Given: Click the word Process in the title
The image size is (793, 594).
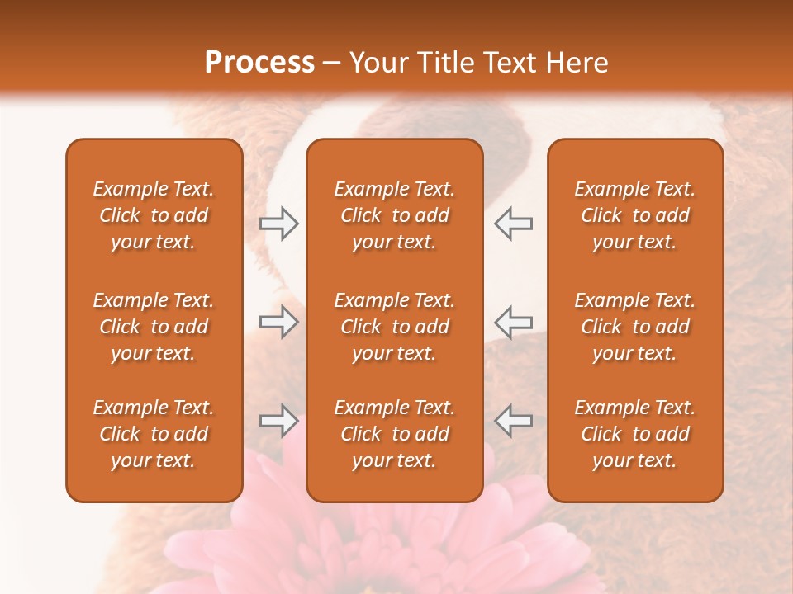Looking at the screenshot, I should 259,63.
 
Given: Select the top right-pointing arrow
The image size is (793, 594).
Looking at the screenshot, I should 279,224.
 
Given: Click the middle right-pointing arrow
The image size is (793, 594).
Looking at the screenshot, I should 279,322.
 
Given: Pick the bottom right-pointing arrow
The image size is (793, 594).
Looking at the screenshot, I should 279,421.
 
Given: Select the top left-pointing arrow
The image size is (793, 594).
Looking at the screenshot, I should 514,224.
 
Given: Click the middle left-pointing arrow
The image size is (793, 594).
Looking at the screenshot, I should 514,322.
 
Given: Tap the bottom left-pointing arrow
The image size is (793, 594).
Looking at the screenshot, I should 514,421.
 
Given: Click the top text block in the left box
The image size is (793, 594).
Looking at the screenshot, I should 154,215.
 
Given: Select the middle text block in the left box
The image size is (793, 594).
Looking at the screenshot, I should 154,327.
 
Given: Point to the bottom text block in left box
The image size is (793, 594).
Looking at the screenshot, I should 154,434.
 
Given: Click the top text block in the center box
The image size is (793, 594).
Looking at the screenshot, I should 394,215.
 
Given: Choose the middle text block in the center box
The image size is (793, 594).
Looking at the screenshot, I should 394,327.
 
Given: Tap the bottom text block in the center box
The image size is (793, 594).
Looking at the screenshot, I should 394,434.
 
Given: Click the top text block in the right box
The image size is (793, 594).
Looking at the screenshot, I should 635,215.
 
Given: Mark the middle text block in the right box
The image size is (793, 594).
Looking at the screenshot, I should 635,327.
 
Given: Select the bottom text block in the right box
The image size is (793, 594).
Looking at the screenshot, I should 635,434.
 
